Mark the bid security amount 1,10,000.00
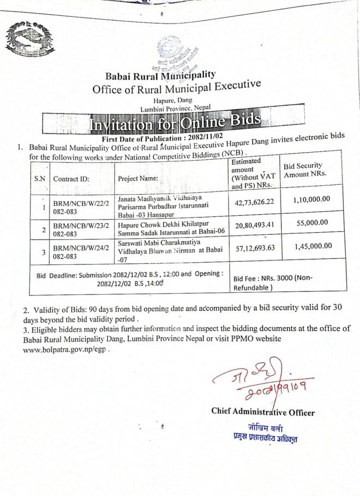312,200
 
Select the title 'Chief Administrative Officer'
263,413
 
